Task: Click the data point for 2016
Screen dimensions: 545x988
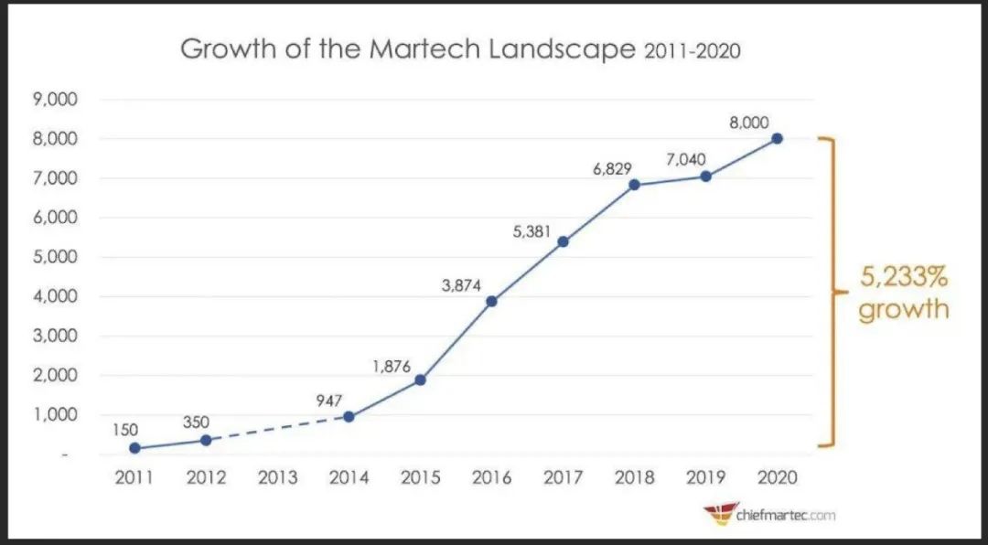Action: [x=491, y=301]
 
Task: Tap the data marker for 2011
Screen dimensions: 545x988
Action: [x=135, y=448]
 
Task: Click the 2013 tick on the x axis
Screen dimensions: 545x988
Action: [x=277, y=477]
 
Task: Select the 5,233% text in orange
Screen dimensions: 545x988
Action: [x=902, y=275]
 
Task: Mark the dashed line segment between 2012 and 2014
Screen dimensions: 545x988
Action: [x=277, y=429]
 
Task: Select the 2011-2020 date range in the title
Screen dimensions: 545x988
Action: [x=691, y=51]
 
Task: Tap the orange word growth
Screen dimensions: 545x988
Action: [x=904, y=308]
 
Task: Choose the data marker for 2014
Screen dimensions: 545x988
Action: [x=349, y=417]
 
